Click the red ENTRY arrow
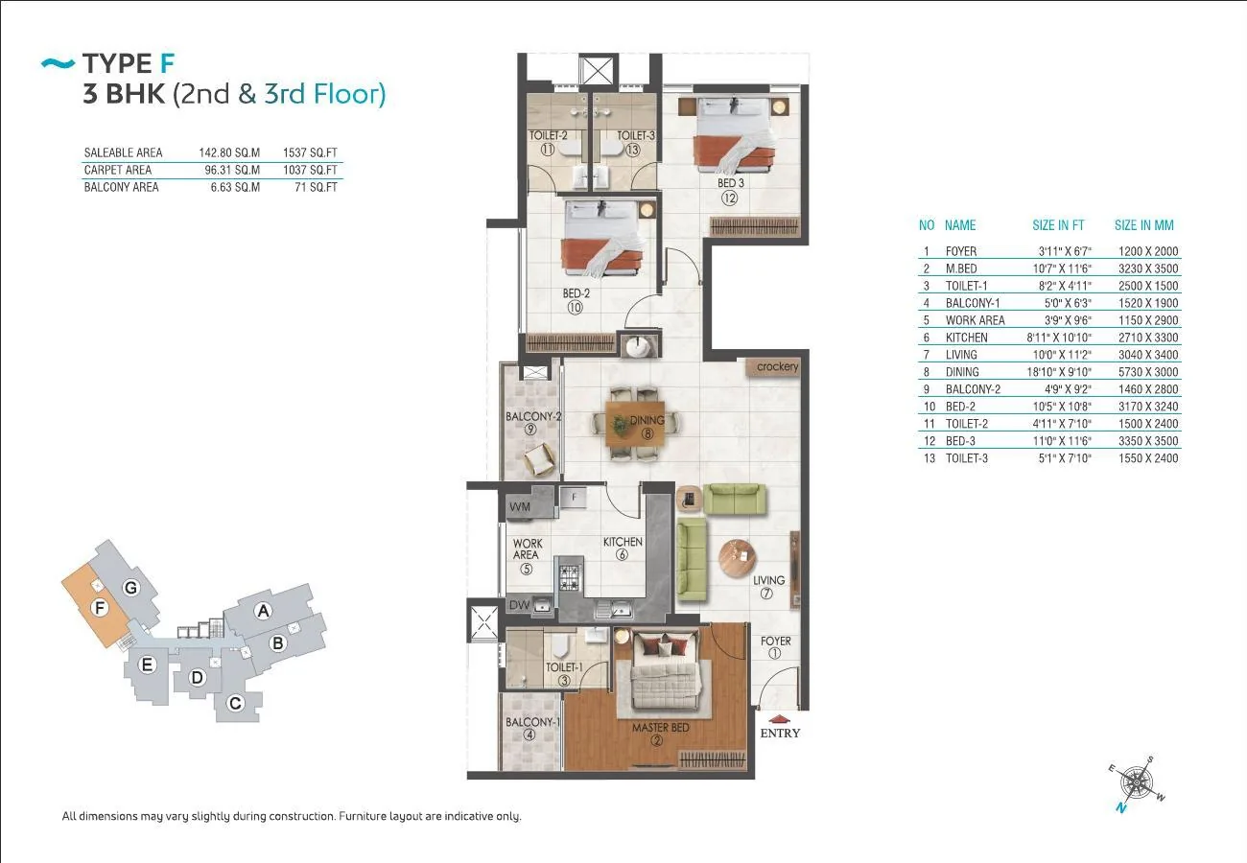pyautogui.click(x=779, y=719)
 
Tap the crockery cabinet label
pyautogui.click(x=777, y=366)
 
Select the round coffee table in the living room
pyautogui.click(x=737, y=559)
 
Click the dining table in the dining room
pyautogui.click(x=635, y=424)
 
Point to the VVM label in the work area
pyautogui.click(x=519, y=507)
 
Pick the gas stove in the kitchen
pyautogui.click(x=570, y=577)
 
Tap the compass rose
pyautogui.click(x=1136, y=783)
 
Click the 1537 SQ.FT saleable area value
pyautogui.click(x=310, y=152)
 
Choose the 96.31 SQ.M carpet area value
pyautogui.click(x=232, y=170)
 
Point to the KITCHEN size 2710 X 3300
pyautogui.click(x=1148, y=338)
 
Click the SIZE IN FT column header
pyautogui.click(x=1058, y=224)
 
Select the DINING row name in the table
pyautogui.click(x=962, y=372)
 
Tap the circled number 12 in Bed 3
pyautogui.click(x=729, y=198)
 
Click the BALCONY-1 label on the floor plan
pyautogui.click(x=532, y=722)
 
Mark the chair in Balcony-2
pyautogui.click(x=539, y=459)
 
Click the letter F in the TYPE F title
pyautogui.click(x=168, y=63)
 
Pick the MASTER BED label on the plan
pyautogui.click(x=660, y=727)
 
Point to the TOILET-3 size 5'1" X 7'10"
pyautogui.click(x=1065, y=458)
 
